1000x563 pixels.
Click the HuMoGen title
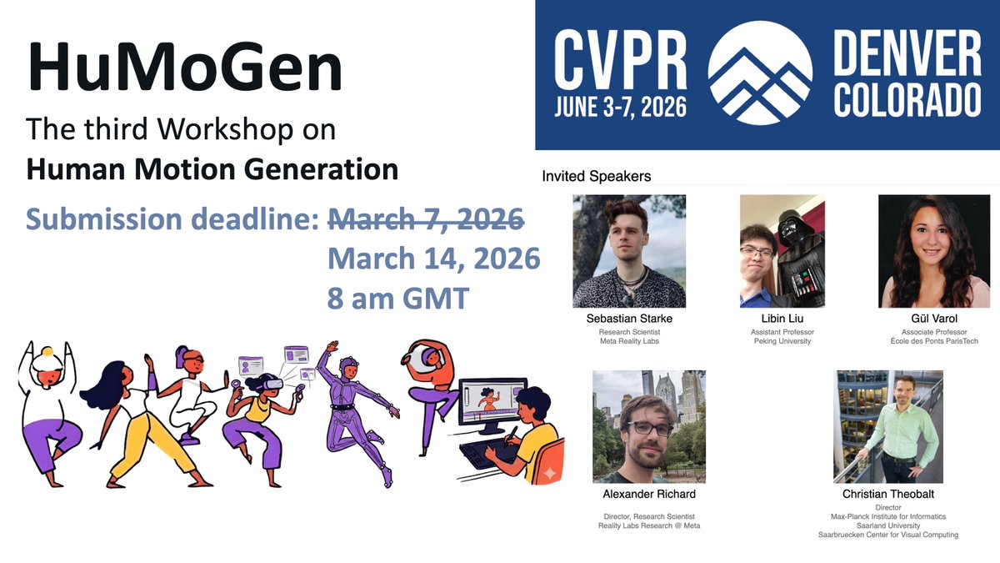tap(185, 68)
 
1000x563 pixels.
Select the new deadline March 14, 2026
tap(433, 259)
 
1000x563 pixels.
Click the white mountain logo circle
tap(760, 73)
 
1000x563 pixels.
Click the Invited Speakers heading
tap(596, 177)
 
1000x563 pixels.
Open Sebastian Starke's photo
tap(629, 251)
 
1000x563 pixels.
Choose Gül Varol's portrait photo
tap(934, 251)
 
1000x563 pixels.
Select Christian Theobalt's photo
tap(888, 426)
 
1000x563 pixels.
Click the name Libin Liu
tap(782, 319)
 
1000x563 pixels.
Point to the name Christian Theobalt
tap(888, 494)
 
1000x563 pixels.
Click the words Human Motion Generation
tap(212, 169)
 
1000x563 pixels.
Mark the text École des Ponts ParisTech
tap(934, 341)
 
